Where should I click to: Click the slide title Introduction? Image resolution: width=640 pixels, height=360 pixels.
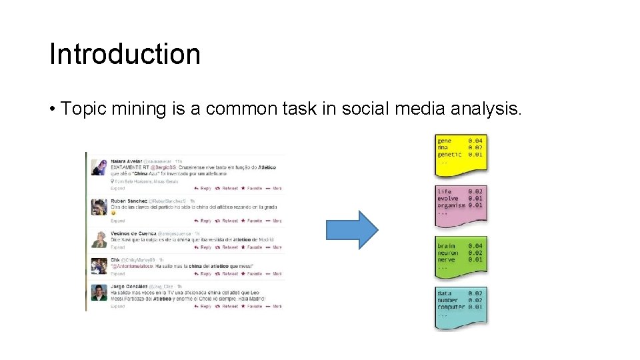pos(125,54)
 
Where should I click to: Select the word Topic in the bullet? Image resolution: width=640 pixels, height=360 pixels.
pos(82,109)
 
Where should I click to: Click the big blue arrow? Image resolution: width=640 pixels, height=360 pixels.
pos(351,230)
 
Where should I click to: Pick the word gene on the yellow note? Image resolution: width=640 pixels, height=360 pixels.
pos(445,141)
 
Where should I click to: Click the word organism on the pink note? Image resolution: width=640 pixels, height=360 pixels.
pos(451,205)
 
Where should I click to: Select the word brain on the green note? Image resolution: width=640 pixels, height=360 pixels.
pos(446,246)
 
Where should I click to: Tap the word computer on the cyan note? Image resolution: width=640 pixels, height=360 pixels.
pos(451,307)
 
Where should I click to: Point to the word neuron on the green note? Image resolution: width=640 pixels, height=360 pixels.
pos(448,253)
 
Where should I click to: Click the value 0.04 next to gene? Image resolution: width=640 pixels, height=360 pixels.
pos(475,141)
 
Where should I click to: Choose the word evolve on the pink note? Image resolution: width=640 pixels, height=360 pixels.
pos(447,199)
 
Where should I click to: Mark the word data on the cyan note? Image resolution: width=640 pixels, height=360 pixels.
pos(444,293)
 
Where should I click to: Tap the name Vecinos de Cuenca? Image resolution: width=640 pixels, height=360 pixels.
pos(133,234)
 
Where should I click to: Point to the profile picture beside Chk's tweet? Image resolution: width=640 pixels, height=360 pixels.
pos(99,266)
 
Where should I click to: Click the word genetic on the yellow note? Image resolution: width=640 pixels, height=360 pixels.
pos(449,155)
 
